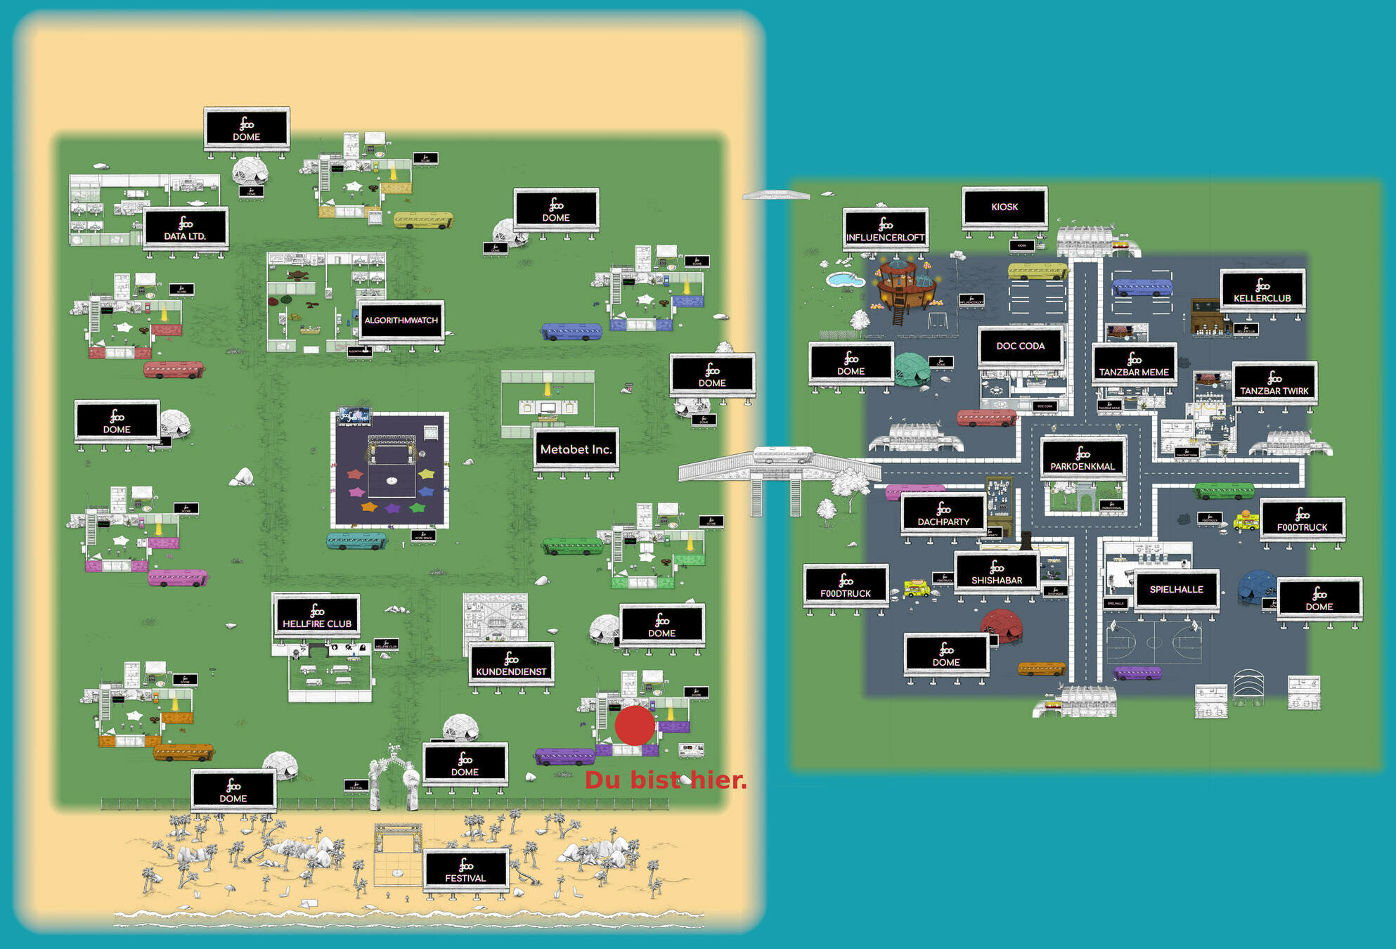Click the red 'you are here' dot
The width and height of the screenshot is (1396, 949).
pos(635,725)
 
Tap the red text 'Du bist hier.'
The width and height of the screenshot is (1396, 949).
pos(666,780)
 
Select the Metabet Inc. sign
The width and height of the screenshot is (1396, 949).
pos(576,449)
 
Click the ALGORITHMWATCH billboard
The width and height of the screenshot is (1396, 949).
pos(401,321)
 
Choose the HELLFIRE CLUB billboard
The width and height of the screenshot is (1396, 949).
pos(317,615)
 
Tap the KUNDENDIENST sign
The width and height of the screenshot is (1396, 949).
pos(511,663)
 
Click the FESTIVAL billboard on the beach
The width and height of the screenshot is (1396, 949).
pos(465,870)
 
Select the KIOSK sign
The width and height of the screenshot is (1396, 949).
pos(1004,207)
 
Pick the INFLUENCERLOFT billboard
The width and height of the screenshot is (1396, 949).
pos(885,229)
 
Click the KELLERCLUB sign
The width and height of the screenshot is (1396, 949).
pos(1262,290)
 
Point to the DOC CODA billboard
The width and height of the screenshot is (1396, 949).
pos(1020,346)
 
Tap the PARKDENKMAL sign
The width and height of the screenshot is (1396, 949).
pos(1082,458)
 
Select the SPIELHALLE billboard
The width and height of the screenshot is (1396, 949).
pos(1176,590)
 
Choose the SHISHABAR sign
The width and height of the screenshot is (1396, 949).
pos(997,572)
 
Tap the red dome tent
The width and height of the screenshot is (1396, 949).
pos(1002,624)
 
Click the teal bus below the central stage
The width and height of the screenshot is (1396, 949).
pos(356,541)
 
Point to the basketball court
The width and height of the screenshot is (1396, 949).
pos(1153,642)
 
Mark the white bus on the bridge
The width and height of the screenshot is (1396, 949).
pos(782,455)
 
